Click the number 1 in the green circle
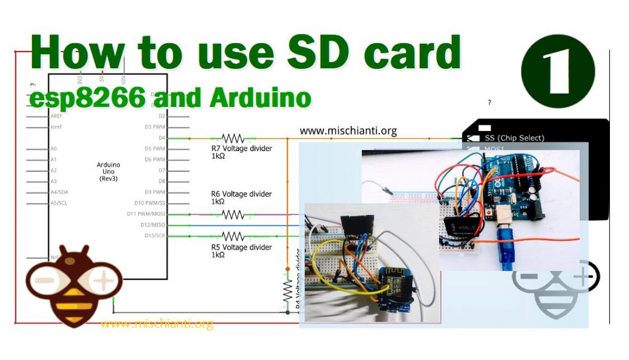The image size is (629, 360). [x=557, y=71]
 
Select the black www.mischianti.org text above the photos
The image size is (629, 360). [x=348, y=131]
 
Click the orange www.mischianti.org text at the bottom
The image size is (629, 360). [x=157, y=324]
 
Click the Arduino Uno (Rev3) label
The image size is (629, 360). [x=108, y=171]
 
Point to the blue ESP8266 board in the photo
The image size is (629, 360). [x=394, y=288]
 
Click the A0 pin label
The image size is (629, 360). [x=53, y=149]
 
